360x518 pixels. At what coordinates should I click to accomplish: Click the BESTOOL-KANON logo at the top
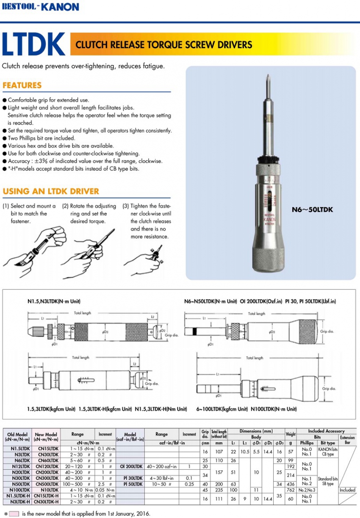[40, 6]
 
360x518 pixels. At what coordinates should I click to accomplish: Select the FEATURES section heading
[22, 85]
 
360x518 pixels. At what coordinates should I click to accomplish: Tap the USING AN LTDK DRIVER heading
[51, 191]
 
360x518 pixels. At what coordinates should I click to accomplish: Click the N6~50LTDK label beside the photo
[312, 209]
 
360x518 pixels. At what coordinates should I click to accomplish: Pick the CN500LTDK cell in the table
[46, 484]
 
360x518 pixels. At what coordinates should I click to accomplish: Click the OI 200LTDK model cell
[130, 466]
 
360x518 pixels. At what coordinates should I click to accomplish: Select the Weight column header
[291, 434]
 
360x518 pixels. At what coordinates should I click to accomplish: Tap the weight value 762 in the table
[291, 490]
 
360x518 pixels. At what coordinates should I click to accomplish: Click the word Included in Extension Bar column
[347, 490]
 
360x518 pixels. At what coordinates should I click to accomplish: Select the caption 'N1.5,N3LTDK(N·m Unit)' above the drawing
[51, 301]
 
